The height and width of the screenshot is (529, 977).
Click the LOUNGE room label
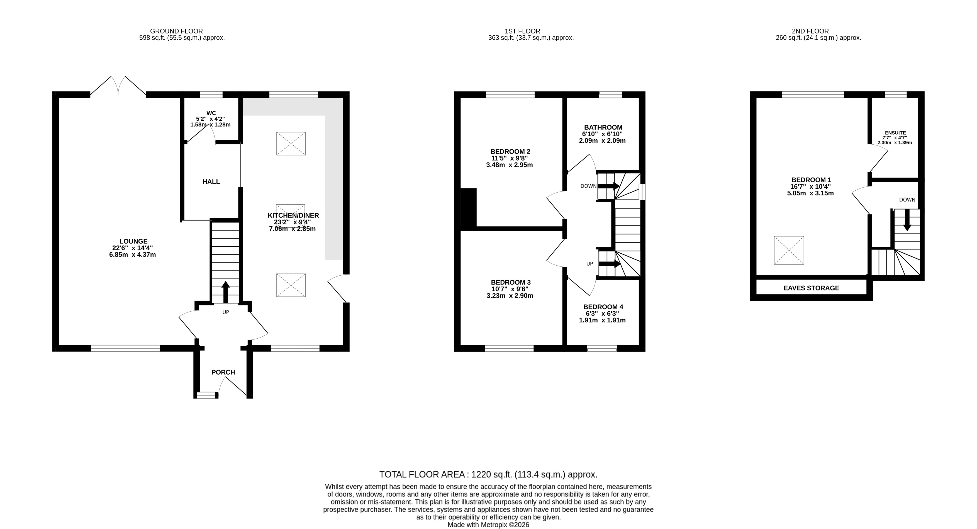click(x=133, y=241)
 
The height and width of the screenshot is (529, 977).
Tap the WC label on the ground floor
click(x=211, y=113)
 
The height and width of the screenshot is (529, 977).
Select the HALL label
click(x=211, y=182)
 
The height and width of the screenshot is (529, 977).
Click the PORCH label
click(x=223, y=372)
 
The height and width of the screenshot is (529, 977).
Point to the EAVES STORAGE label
click(x=811, y=288)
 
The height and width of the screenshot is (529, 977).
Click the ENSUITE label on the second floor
click(x=895, y=133)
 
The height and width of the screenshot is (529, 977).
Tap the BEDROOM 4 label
click(x=603, y=307)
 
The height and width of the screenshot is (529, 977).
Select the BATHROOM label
click(x=603, y=127)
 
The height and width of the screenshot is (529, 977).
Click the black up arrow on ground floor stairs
click(x=226, y=292)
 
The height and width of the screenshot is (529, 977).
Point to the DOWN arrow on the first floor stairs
click(x=609, y=186)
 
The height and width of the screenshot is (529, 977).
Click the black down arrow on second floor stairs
click(x=907, y=220)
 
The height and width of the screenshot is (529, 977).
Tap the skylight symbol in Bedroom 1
click(x=789, y=251)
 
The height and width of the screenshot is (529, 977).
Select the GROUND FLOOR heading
click(x=176, y=31)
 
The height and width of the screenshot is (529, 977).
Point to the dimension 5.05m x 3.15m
click(x=810, y=193)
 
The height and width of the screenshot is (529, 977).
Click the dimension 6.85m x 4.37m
click(x=132, y=255)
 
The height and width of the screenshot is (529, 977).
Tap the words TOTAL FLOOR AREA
click(x=422, y=474)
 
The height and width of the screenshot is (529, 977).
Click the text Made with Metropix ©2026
click(x=489, y=525)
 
